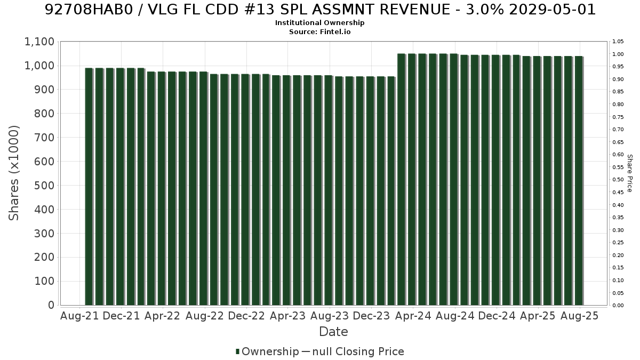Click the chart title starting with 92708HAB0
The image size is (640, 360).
point(320,10)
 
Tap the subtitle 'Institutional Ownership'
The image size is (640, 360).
point(319,23)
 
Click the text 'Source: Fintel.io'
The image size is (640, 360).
point(319,31)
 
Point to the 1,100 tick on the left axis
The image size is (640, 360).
point(39,42)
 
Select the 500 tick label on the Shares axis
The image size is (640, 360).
point(44,186)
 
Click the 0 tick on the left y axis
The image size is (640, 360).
point(51,305)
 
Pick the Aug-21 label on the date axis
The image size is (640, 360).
point(79,316)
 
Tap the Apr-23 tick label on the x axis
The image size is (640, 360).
point(287,316)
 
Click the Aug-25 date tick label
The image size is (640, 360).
point(579,316)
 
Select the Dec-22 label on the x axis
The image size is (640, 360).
point(246,316)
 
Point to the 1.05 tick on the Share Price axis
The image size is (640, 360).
point(618,42)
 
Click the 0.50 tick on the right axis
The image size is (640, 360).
point(618,180)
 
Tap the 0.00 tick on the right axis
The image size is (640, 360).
point(618,306)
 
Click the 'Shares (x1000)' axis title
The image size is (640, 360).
point(13,173)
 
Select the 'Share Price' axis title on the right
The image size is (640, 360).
point(630,173)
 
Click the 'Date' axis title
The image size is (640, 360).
point(333,332)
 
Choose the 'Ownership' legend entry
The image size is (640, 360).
point(267,351)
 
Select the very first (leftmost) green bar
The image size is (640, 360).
point(89,187)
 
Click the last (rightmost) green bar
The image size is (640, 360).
point(579,181)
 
